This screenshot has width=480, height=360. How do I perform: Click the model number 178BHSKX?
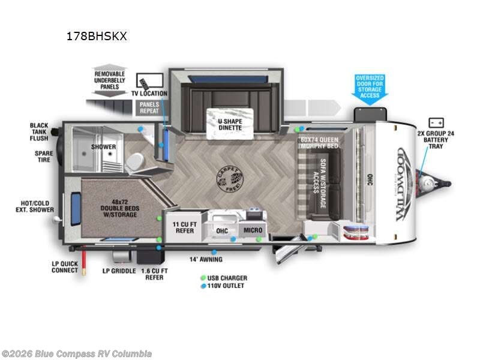click(x=96, y=36)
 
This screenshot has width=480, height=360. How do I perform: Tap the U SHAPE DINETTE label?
click(x=225, y=123)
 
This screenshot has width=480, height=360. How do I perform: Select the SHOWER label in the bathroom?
click(x=104, y=146)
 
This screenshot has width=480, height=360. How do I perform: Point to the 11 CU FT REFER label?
click(x=184, y=227)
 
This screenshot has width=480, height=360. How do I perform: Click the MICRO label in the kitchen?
click(x=252, y=230)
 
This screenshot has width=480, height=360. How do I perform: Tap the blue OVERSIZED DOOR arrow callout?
click(x=370, y=89)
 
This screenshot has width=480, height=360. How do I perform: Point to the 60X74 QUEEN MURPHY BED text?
click(x=320, y=143)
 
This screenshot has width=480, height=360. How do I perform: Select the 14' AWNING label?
click(x=206, y=259)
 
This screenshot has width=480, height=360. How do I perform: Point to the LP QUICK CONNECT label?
click(x=64, y=266)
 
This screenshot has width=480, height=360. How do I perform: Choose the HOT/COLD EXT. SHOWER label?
click(x=34, y=206)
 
